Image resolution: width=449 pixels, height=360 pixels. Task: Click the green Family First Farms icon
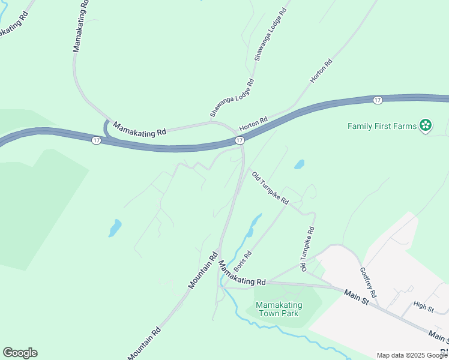(426, 125)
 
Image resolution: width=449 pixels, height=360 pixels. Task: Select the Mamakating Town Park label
(279, 309)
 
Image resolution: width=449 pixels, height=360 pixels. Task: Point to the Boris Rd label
(243, 261)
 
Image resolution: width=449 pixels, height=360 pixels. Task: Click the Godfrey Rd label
(367, 283)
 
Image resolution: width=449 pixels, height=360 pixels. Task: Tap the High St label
(424, 307)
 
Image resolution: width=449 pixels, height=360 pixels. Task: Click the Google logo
(20, 353)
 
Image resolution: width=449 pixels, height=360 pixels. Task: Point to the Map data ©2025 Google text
(412, 355)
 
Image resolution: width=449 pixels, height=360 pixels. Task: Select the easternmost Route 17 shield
(377, 100)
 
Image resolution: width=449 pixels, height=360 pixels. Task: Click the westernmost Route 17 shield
(96, 140)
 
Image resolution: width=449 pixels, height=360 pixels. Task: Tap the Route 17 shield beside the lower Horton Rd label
(239, 140)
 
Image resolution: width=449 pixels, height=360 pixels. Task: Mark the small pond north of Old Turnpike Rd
(299, 164)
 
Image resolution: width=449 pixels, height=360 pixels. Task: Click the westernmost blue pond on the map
(114, 228)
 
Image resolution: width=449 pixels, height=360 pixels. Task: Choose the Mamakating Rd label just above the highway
(139, 129)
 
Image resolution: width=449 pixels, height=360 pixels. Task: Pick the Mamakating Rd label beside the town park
(242, 273)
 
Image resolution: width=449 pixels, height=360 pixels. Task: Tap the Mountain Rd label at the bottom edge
(144, 344)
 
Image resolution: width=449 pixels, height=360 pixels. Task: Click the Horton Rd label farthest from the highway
(321, 71)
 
